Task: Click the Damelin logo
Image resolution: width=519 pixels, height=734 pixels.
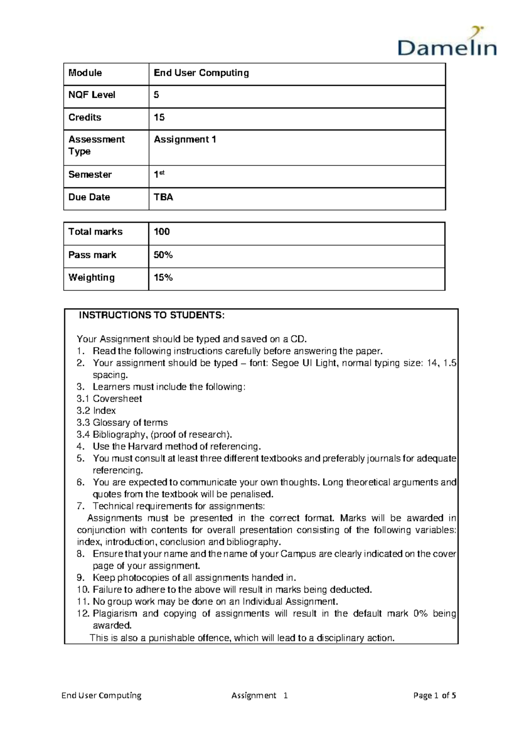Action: [447, 43]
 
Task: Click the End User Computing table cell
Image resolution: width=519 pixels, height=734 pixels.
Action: [201, 73]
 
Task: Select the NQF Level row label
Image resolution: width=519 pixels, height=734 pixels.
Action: [92, 95]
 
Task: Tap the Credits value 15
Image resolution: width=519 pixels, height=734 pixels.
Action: [159, 117]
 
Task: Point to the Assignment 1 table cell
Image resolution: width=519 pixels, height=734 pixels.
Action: [185, 139]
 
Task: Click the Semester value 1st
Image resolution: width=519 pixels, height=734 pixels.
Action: [159, 174]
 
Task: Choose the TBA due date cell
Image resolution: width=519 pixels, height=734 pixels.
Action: [163, 197]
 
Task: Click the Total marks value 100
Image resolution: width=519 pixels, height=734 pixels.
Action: [162, 232]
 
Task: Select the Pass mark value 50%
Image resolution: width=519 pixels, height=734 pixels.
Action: [163, 255]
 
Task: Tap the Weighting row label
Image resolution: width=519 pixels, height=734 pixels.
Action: [91, 277]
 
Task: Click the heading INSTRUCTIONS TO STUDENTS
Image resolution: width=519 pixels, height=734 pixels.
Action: [151, 315]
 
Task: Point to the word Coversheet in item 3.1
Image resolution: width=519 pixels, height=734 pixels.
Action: [117, 399]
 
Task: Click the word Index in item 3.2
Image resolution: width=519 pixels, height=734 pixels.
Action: [104, 411]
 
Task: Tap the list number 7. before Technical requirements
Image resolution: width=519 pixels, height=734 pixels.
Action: [80, 506]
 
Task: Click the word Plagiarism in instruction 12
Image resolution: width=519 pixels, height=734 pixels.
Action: [115, 613]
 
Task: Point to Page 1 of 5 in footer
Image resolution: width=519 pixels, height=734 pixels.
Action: [434, 695]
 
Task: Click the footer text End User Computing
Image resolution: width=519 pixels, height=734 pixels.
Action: [101, 695]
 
